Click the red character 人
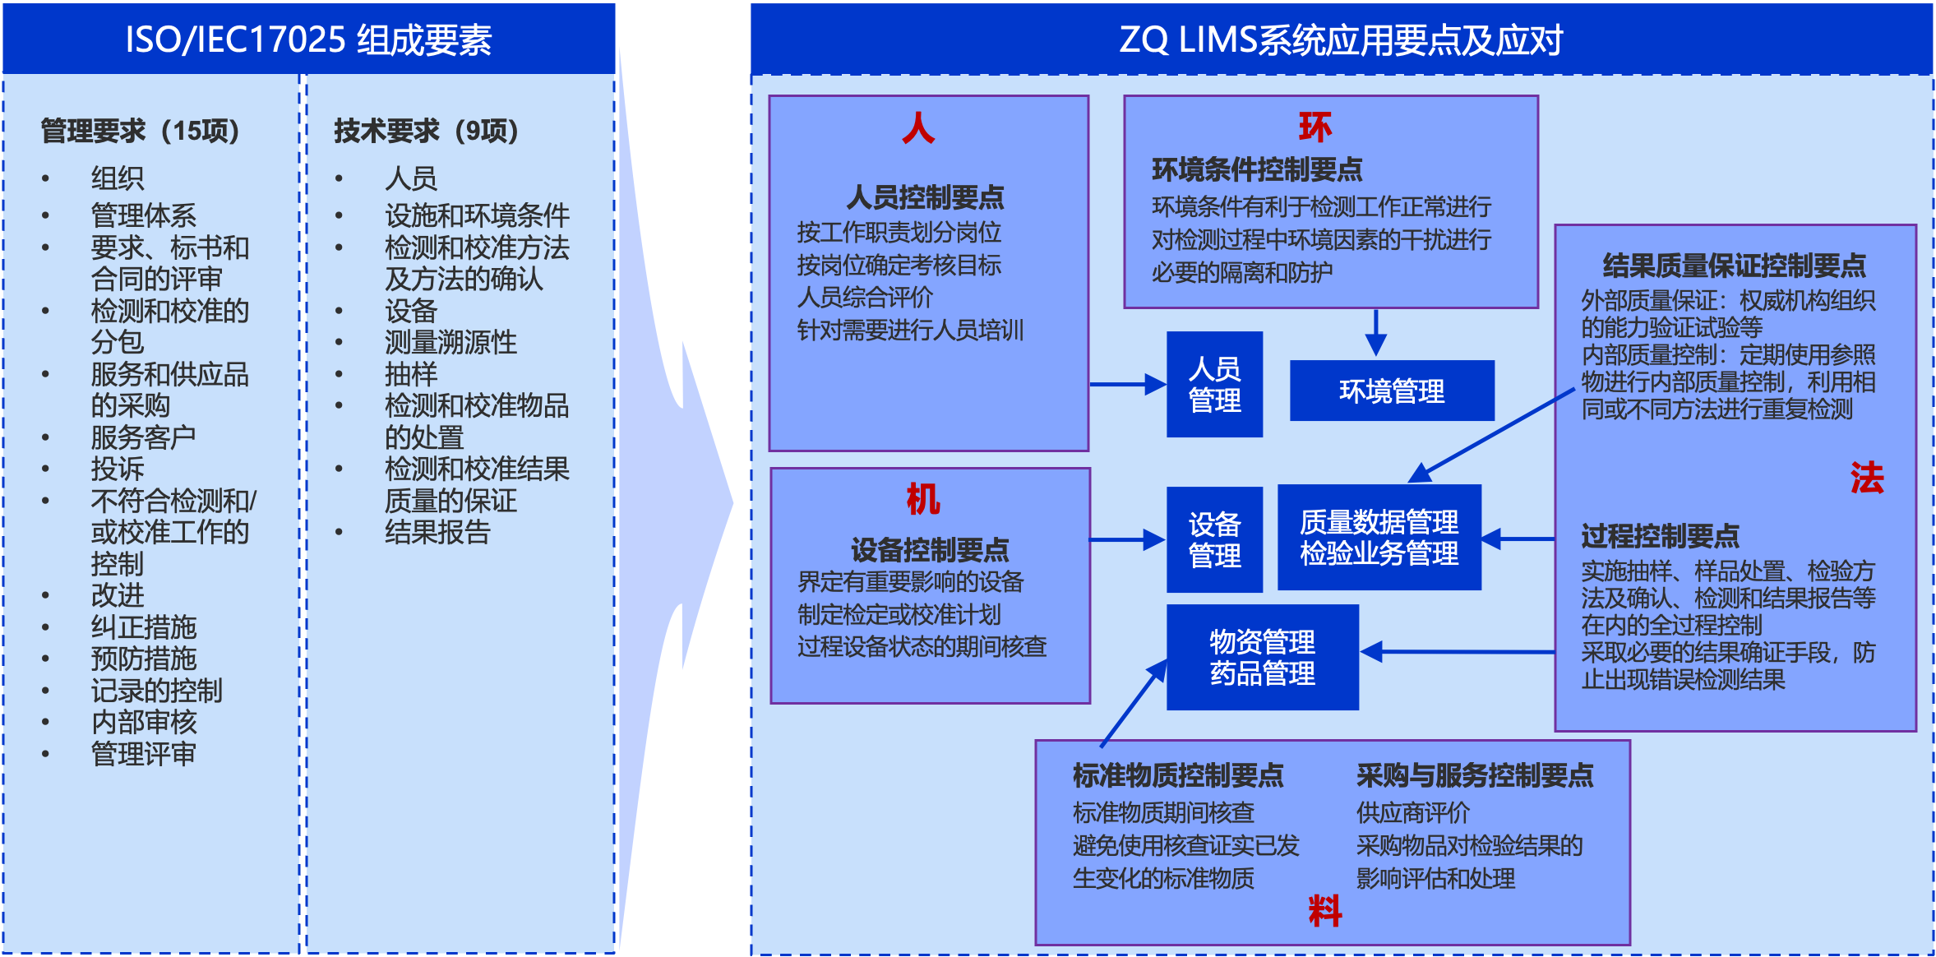point(917,128)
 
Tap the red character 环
point(1315,127)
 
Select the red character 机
point(922,499)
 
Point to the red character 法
point(1866,478)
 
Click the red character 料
point(1324,911)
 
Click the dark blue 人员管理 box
point(1214,384)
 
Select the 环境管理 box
point(1391,391)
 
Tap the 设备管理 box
point(1214,539)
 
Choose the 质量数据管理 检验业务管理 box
point(1379,537)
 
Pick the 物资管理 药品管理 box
point(1262,657)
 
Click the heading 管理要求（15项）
point(140,131)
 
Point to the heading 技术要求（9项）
point(426,131)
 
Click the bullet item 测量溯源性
point(451,342)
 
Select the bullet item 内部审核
point(144,722)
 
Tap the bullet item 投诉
point(118,469)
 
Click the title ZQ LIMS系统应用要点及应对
point(1341,39)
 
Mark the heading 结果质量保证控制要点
point(1734,266)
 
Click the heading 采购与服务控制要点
point(1474,775)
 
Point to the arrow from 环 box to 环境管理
point(1375,333)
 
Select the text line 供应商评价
point(1412,812)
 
